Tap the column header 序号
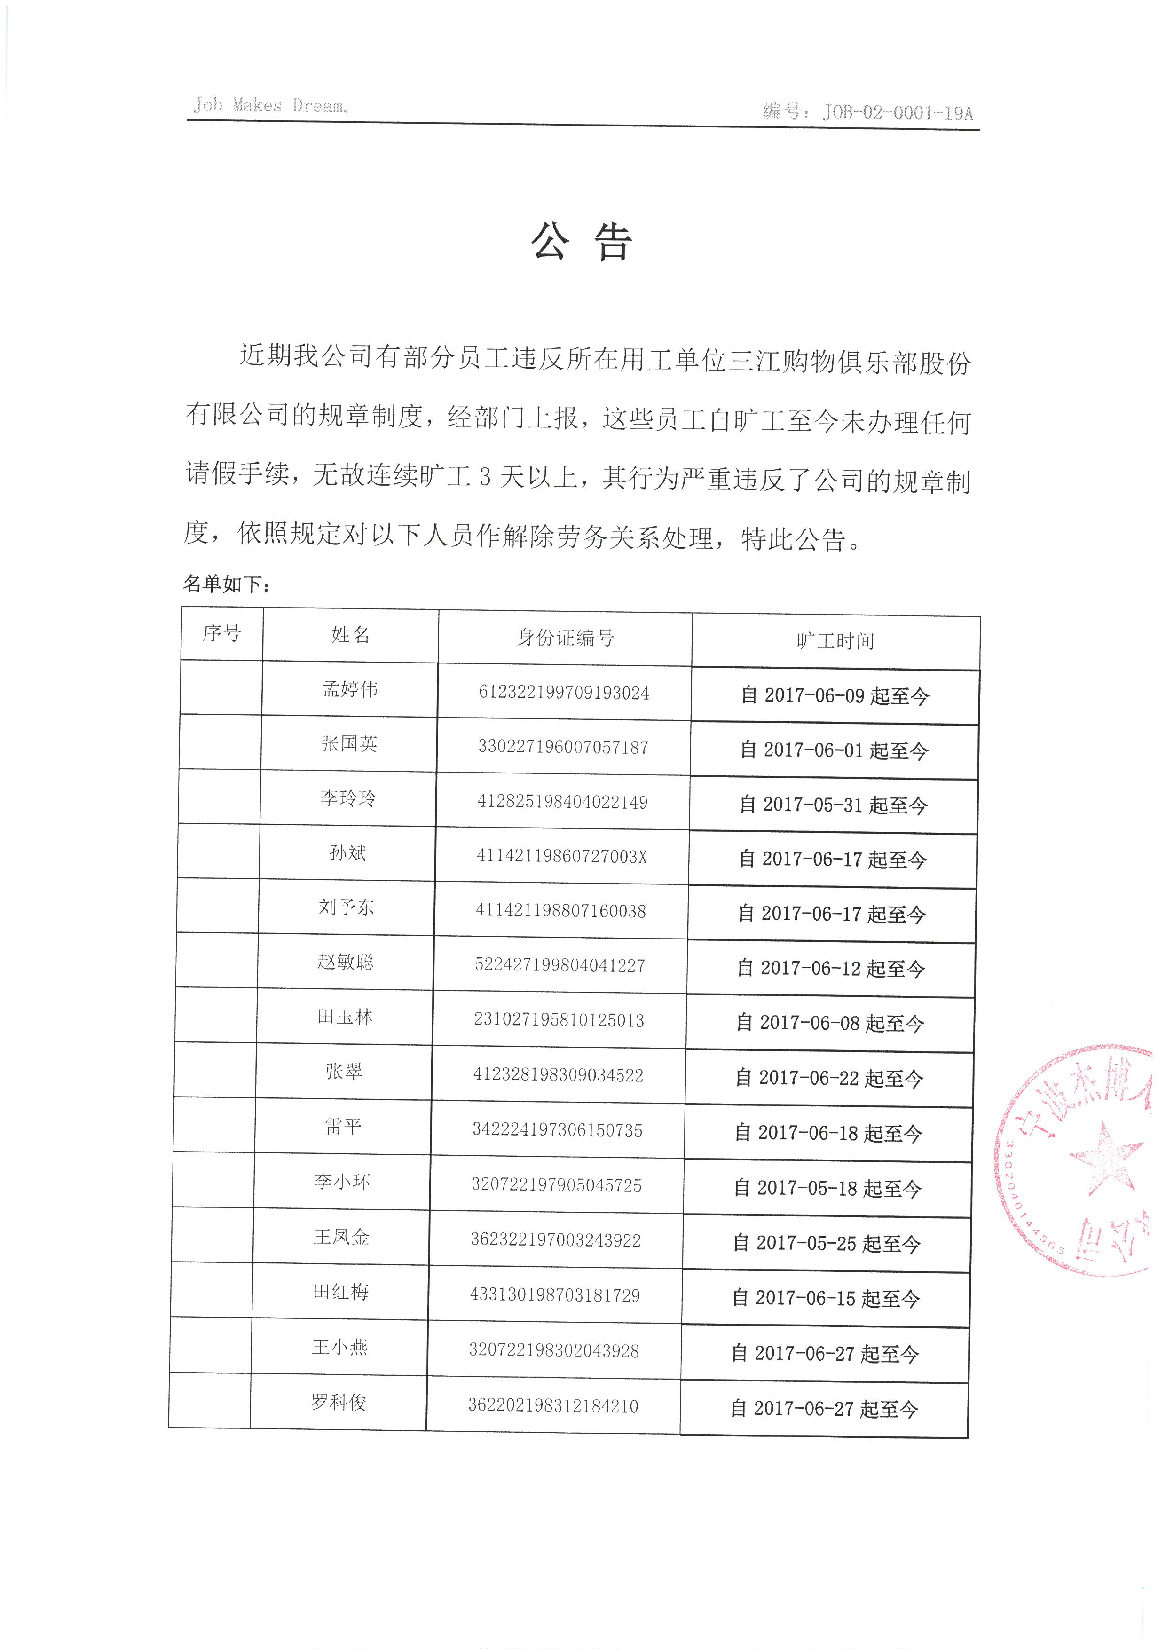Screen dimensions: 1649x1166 point(222,633)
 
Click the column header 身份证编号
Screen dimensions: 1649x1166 point(565,637)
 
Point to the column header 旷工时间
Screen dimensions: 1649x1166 point(835,640)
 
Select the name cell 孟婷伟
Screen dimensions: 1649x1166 point(350,689)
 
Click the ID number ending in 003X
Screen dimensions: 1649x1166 point(561,856)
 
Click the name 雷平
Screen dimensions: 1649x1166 point(343,1126)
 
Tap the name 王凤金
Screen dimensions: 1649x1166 point(342,1236)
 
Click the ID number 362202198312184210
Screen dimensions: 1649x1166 point(553,1405)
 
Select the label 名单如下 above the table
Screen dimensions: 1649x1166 point(226,584)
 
